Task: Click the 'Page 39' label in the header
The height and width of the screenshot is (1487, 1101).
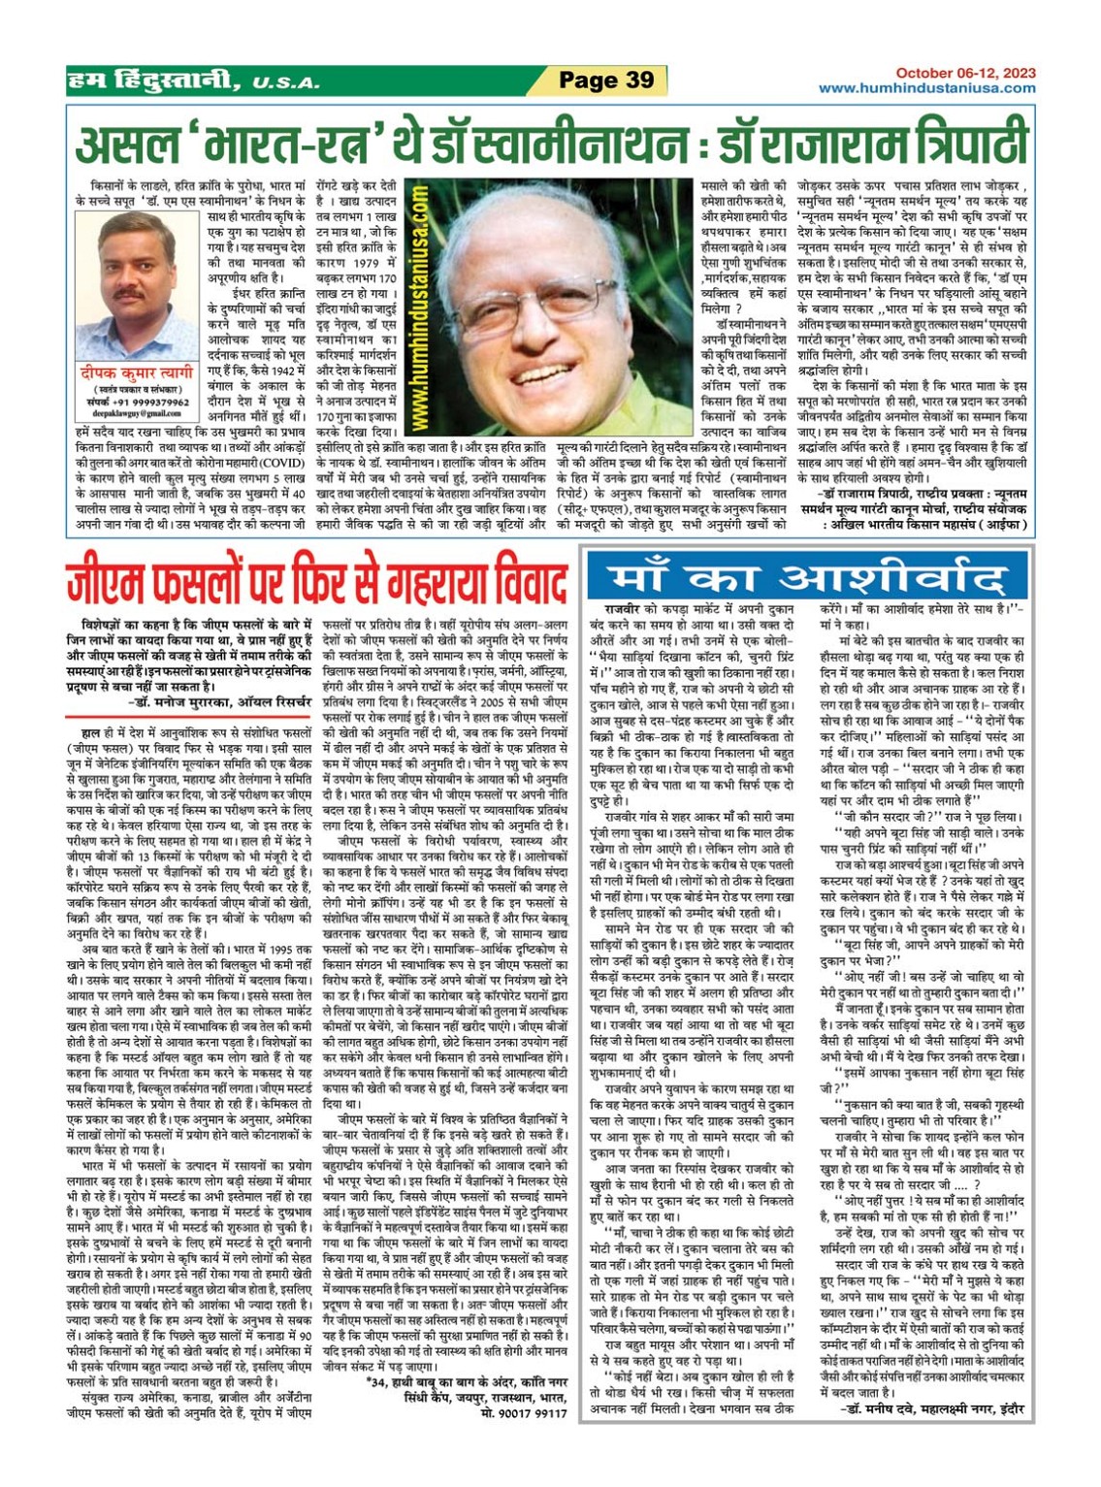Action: [x=606, y=81]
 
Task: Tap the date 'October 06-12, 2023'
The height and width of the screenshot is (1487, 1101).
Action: [x=965, y=73]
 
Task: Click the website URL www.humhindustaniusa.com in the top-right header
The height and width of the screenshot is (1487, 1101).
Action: [x=926, y=88]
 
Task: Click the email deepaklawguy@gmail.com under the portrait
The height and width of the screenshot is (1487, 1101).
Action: [x=137, y=412]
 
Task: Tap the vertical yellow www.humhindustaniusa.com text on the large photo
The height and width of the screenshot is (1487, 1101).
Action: [x=421, y=310]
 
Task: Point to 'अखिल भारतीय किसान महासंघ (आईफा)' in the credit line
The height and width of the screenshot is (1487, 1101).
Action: [x=920, y=525]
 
